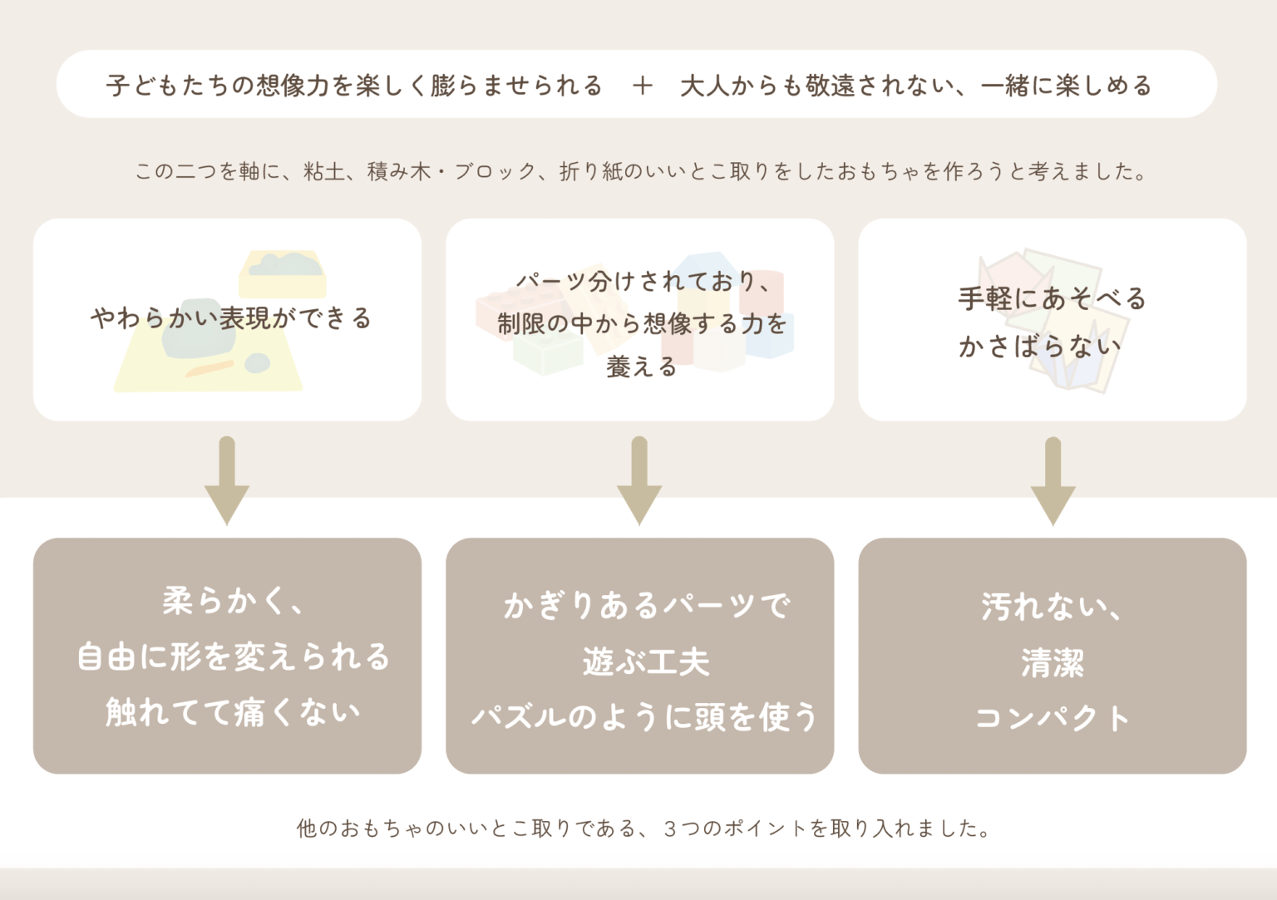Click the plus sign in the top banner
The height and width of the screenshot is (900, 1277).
coord(642,86)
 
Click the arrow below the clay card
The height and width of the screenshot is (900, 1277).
coord(227,480)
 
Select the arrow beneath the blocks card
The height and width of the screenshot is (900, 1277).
coord(639,480)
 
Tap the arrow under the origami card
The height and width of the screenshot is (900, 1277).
coord(1053,480)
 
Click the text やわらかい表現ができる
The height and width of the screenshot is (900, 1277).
coord(231,318)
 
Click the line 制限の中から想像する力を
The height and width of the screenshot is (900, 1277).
coord(642,323)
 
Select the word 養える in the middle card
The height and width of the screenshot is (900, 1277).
coord(641,366)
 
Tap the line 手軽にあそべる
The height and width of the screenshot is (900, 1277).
coord(1053,298)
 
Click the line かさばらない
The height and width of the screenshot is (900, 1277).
coord(1040,346)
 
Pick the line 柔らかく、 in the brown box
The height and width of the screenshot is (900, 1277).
coord(234,601)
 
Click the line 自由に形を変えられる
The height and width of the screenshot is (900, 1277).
coord(233,657)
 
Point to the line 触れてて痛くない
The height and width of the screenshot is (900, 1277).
coord(233,712)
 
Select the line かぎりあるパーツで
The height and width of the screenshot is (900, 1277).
coord(646,605)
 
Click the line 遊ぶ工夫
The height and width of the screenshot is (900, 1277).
coord(646,662)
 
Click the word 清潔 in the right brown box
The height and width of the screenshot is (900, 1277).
coord(1053,663)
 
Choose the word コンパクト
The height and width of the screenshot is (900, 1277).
coord(1053,717)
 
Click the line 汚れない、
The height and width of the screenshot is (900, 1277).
coord(1053,607)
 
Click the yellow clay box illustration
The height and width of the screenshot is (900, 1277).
coord(282,274)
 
